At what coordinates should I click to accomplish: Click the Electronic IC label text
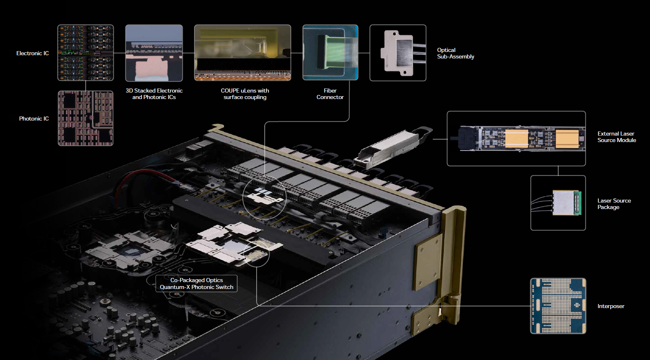click(32, 53)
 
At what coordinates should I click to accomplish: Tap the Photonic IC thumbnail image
click(86, 118)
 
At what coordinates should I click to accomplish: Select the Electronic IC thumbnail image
click(86, 53)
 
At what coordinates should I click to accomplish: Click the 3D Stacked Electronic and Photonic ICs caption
click(154, 94)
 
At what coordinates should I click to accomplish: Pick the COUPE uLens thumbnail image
click(242, 53)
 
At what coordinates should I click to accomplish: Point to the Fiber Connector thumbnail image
click(330, 52)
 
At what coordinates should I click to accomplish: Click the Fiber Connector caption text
click(330, 94)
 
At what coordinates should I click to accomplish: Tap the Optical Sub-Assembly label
click(455, 53)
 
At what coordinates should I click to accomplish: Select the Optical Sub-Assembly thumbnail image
click(398, 53)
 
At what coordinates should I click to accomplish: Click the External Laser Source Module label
click(616, 137)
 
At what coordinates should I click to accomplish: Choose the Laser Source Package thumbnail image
click(558, 203)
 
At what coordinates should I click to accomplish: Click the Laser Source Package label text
click(614, 204)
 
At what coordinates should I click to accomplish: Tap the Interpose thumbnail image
click(558, 306)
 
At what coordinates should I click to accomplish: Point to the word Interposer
click(611, 306)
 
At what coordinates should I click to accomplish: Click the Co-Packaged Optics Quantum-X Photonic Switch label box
click(197, 283)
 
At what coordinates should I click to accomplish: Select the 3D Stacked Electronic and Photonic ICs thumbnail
click(154, 53)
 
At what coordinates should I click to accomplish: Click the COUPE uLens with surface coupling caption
click(245, 94)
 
